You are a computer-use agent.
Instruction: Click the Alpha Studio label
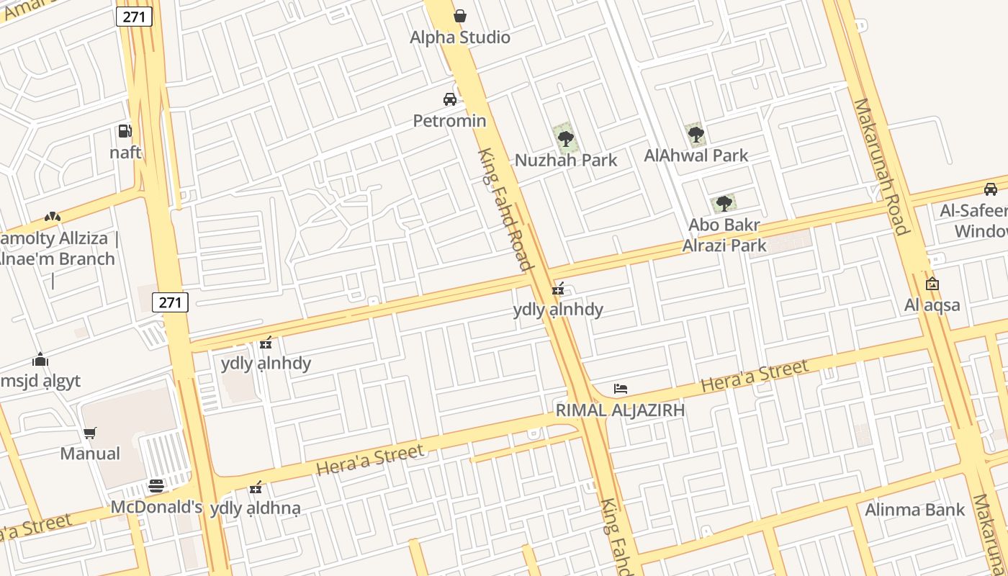(x=460, y=37)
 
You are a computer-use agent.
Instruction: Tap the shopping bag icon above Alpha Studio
(x=460, y=16)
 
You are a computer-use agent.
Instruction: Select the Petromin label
(x=449, y=120)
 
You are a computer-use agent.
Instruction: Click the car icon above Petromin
(x=450, y=99)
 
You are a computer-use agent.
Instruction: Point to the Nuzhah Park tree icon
(x=566, y=138)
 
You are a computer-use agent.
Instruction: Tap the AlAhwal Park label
(x=696, y=156)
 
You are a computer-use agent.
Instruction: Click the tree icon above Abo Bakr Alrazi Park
(x=724, y=204)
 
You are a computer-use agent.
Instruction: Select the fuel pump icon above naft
(x=125, y=131)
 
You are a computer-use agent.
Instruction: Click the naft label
(x=125, y=153)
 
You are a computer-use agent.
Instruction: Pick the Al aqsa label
(x=932, y=305)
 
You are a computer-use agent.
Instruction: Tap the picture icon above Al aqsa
(x=932, y=284)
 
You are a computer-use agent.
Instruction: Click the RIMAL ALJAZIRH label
(x=620, y=410)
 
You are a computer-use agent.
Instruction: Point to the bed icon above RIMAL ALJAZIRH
(x=621, y=389)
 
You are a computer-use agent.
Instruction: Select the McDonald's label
(x=156, y=508)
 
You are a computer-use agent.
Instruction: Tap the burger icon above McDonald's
(x=156, y=486)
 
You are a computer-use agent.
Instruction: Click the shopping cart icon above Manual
(x=90, y=433)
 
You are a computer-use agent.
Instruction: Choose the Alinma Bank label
(x=914, y=510)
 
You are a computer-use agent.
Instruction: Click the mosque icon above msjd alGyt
(x=40, y=359)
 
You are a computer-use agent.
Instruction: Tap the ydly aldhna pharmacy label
(x=255, y=508)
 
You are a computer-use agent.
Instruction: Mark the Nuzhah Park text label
(x=566, y=160)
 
